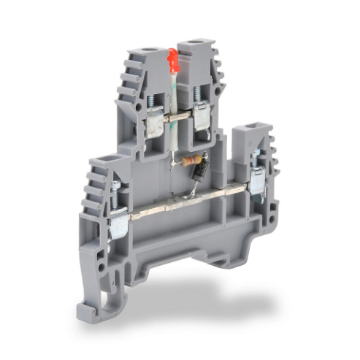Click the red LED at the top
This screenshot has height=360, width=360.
pyautogui.click(x=173, y=61)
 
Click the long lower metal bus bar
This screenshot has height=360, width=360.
pyautogui.click(x=183, y=204)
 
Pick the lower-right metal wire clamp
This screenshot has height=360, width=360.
pyautogui.click(x=256, y=179)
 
